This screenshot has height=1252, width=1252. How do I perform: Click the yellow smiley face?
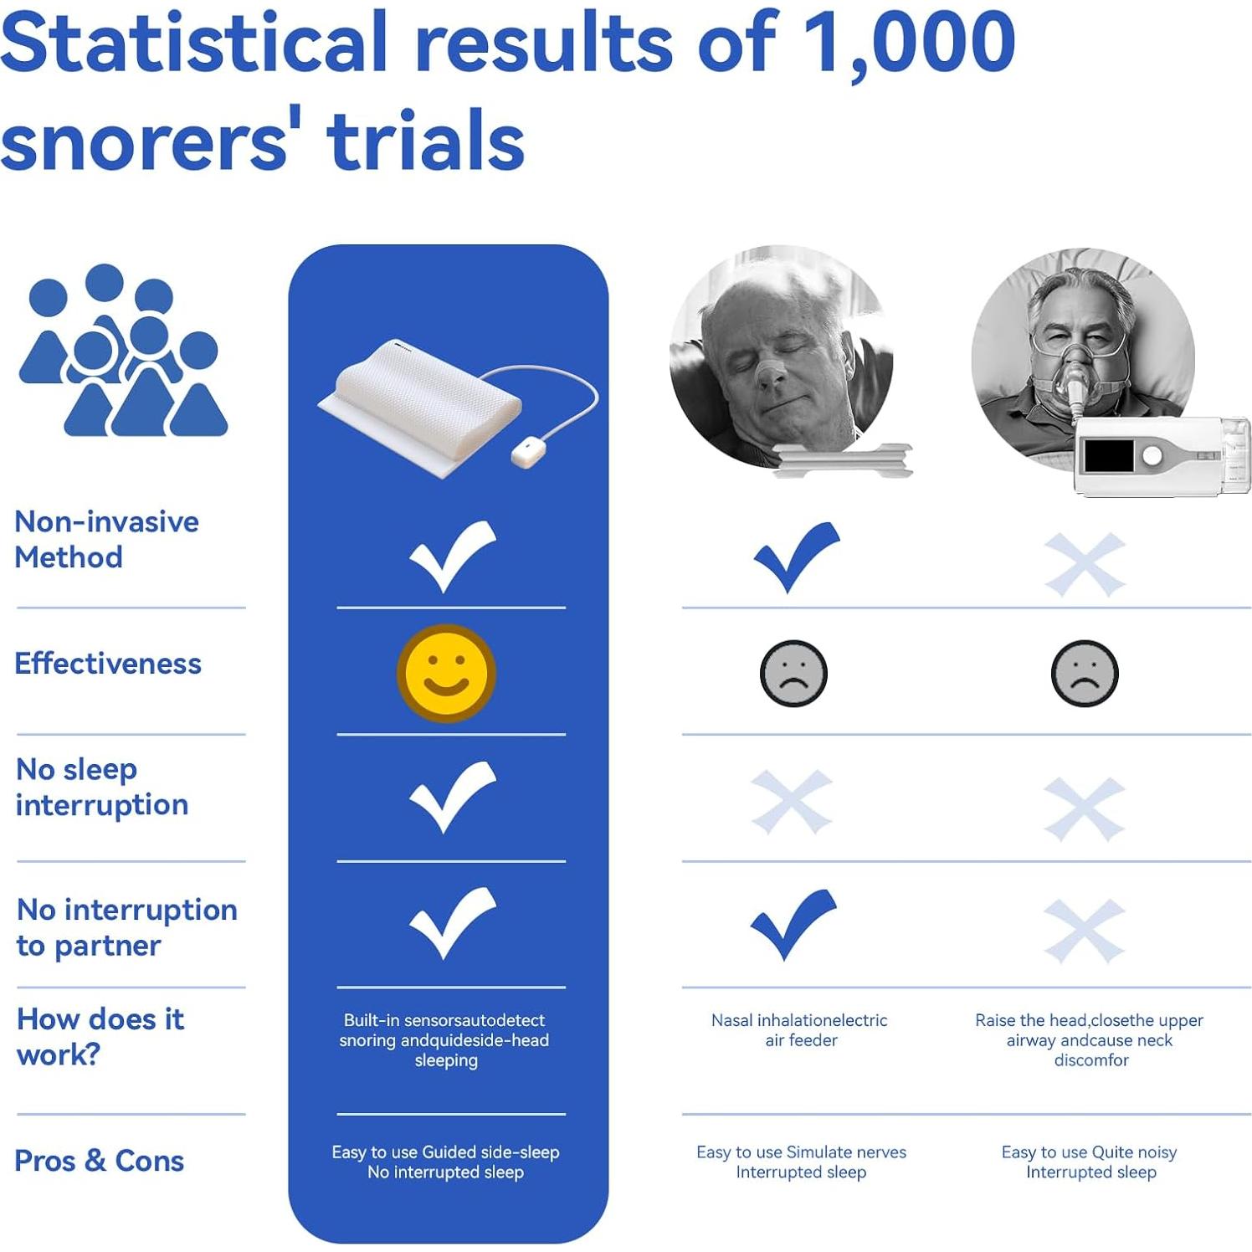tap(446, 673)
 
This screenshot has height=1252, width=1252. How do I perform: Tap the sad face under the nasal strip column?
tap(793, 674)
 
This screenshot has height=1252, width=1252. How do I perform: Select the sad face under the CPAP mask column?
tap(1085, 674)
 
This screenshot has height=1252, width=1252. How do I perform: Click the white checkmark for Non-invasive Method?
tap(452, 556)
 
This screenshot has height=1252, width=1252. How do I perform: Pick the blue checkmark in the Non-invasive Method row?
tap(796, 557)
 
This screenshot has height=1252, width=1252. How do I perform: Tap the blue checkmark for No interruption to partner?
tap(793, 924)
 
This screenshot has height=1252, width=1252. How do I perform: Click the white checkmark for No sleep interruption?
tap(452, 797)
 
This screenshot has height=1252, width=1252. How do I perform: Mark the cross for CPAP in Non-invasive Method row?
tap(1085, 564)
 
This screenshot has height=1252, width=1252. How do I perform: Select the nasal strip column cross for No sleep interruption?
tap(792, 802)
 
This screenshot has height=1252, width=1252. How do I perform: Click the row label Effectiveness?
tap(108, 664)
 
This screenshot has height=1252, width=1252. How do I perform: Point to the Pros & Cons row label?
tap(100, 1161)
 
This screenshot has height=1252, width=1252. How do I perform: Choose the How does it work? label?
tap(100, 1036)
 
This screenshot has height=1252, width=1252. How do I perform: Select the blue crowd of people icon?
tap(123, 350)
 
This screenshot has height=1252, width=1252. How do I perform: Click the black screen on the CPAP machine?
tap(1109, 456)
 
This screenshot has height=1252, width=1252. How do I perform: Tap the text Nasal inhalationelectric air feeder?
tap(799, 1030)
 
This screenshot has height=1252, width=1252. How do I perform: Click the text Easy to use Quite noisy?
tap(1089, 1152)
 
